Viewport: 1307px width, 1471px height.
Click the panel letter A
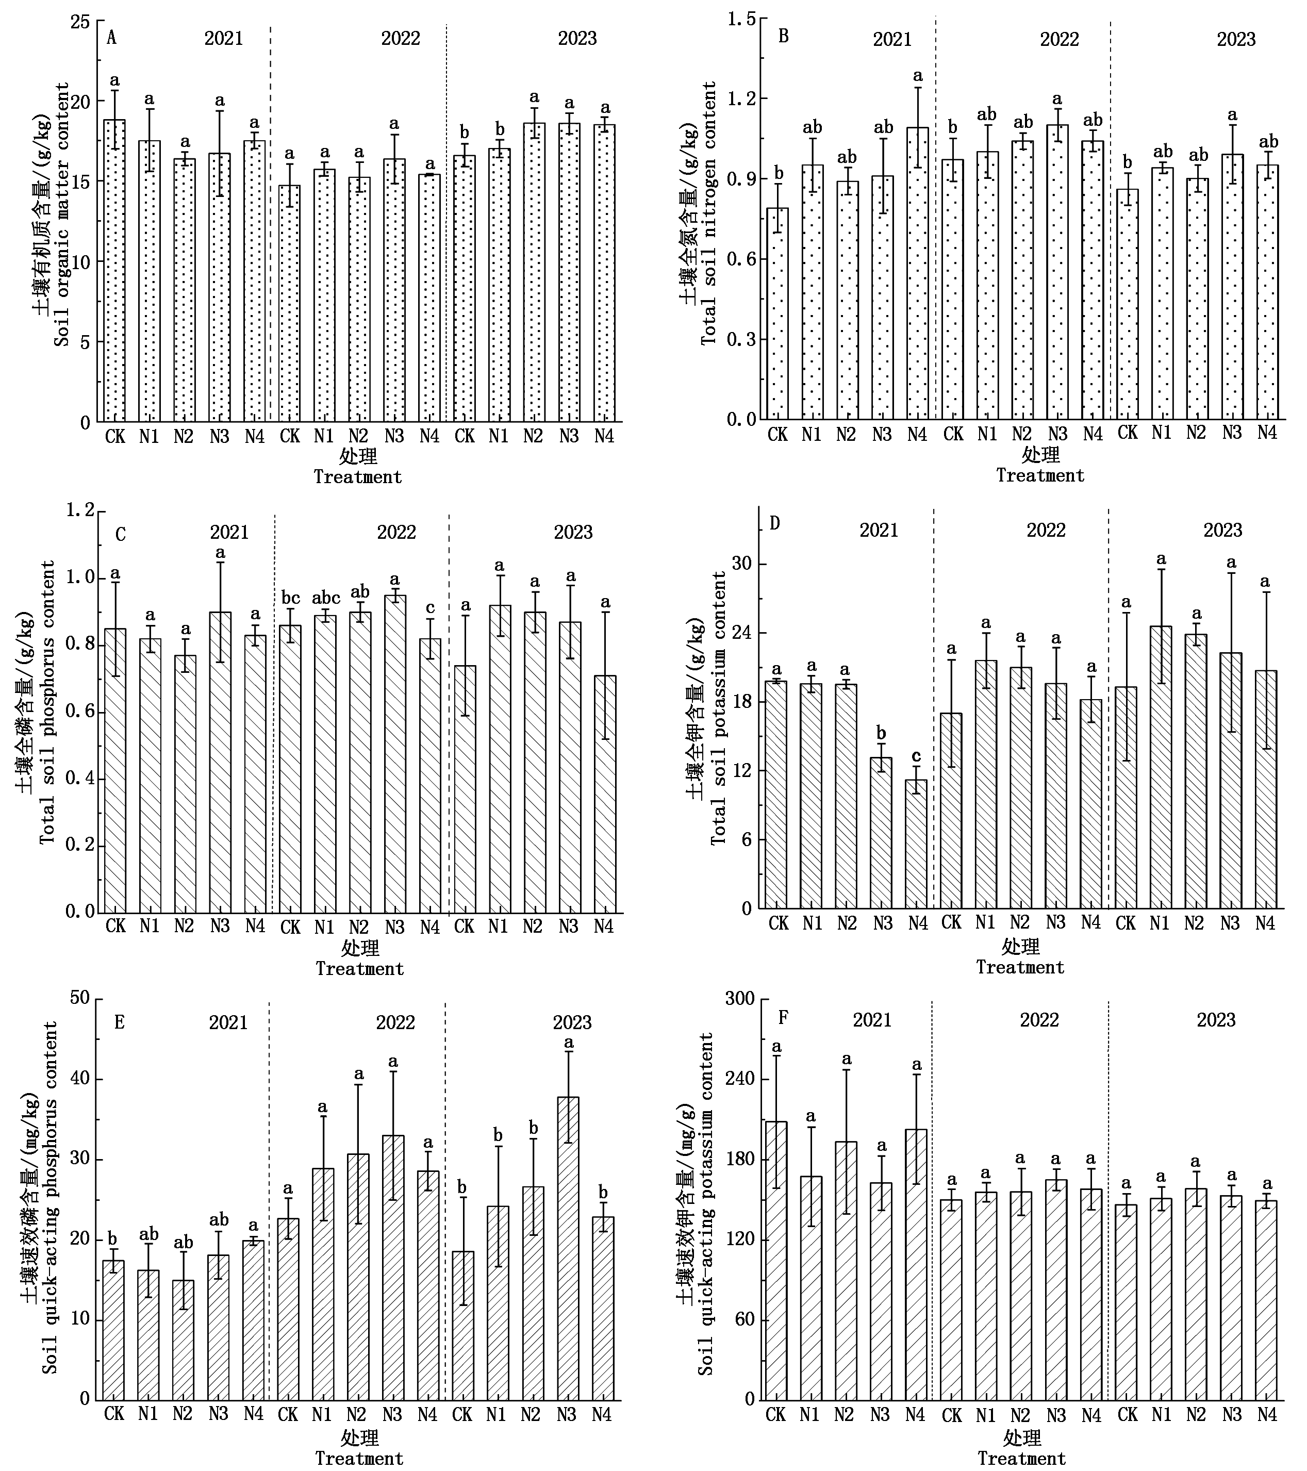coord(111,38)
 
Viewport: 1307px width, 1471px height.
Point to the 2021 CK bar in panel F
coord(776,1260)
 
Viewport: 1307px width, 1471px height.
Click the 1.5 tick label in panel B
coord(741,20)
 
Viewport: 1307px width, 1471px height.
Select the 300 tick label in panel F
coord(738,999)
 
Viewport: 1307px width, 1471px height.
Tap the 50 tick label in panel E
coord(80,998)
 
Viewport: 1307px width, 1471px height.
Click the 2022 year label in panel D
coord(1045,531)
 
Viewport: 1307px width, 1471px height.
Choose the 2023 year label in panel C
coord(573,533)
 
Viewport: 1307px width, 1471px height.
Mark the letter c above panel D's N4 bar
coord(916,756)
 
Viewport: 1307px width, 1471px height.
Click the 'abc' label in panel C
coord(325,598)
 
